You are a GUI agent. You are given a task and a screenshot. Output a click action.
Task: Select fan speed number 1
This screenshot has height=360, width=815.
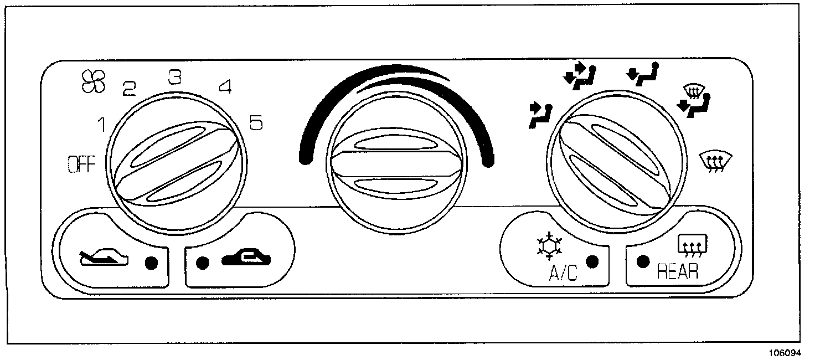click(102, 126)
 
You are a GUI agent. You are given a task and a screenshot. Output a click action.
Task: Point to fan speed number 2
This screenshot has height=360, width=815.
click(130, 88)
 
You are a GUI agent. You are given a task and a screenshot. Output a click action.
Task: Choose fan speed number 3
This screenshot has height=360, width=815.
click(175, 77)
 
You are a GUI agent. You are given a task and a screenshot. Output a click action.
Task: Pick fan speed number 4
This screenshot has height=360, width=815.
click(224, 87)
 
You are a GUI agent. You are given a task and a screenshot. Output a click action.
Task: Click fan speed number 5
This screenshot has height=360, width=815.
click(256, 124)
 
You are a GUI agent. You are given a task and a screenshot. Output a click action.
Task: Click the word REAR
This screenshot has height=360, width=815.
click(677, 272)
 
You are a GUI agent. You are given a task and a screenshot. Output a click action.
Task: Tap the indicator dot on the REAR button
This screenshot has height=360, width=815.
click(642, 261)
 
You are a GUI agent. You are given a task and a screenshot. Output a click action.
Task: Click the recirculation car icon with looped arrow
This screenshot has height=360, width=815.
click(246, 258)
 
